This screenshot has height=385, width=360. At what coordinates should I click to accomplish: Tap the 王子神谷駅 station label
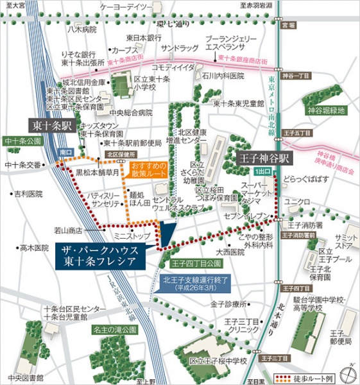click(264, 157)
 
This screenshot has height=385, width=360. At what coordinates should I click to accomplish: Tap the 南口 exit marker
click(66, 152)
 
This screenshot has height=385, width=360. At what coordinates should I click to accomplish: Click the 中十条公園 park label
click(22, 141)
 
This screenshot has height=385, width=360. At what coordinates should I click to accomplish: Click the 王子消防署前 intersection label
click(302, 235)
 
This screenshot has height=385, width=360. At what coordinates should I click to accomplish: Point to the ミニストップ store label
click(130, 237)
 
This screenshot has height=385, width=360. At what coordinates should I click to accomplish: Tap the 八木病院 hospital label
click(81, 30)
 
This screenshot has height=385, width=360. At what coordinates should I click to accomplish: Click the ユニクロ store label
click(297, 202)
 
